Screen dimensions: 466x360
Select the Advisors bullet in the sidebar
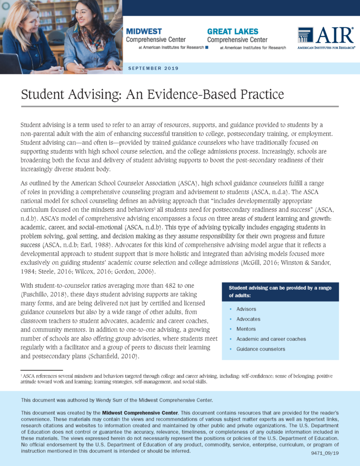(246, 309)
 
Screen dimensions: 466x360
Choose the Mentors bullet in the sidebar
(246, 329)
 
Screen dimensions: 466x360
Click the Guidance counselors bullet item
(261, 349)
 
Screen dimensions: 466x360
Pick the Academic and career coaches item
(271, 339)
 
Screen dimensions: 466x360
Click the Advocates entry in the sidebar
(248, 319)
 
